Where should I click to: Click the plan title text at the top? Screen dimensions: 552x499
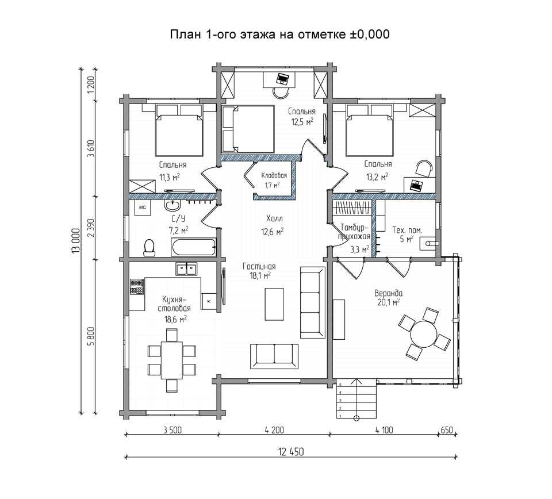(280, 34)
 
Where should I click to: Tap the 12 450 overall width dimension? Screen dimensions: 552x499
(291, 451)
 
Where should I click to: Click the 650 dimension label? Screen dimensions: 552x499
(447, 429)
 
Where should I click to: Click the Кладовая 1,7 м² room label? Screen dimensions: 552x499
(274, 180)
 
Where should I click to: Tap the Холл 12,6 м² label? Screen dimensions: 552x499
(273, 225)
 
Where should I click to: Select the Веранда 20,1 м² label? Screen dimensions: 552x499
(388, 297)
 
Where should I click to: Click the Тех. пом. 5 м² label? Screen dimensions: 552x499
(407, 235)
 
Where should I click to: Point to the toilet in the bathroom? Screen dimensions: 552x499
(149, 247)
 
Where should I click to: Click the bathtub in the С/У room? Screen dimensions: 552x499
(193, 247)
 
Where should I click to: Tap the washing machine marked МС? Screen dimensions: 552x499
(143, 208)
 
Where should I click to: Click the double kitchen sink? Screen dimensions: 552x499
(186, 269)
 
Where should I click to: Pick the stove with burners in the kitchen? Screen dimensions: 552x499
(137, 287)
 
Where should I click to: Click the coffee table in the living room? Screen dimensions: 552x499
(274, 304)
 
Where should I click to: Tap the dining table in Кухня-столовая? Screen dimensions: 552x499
(172, 360)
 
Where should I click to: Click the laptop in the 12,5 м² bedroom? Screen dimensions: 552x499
(282, 79)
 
